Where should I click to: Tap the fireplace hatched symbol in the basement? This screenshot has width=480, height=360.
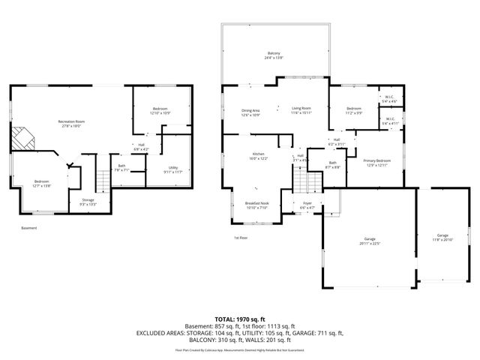pyautogui.click(x=22, y=139)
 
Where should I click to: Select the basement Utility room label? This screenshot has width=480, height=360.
pyautogui.click(x=172, y=168)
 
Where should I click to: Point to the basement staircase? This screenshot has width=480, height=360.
pyautogui.click(x=103, y=180)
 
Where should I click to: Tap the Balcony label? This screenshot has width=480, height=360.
pyautogui.click(x=274, y=55)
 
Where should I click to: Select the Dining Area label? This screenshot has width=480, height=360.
pyautogui.click(x=250, y=112)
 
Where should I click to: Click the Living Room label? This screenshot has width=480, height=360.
pyautogui.click(x=301, y=109)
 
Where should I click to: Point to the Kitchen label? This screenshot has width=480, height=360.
pyautogui.click(x=257, y=156)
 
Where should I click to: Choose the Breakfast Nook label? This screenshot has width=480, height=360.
pyautogui.click(x=257, y=206)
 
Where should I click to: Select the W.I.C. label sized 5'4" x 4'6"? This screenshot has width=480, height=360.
pyautogui.click(x=389, y=98)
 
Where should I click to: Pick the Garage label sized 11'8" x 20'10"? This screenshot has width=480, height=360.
pyautogui.click(x=442, y=237)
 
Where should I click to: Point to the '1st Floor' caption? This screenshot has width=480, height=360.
pyautogui.click(x=241, y=238)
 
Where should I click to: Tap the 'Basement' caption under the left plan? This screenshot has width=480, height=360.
pyautogui.click(x=28, y=228)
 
